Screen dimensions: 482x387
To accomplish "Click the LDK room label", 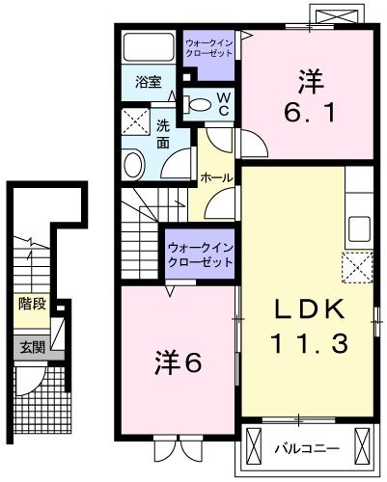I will [x=305, y=309].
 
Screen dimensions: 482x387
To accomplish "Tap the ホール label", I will [x=214, y=178].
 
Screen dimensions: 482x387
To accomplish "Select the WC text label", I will [x=223, y=104].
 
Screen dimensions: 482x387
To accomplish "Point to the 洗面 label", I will [x=163, y=134].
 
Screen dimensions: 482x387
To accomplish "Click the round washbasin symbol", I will [x=135, y=162].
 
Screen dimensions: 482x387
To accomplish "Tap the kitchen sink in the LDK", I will [x=359, y=231].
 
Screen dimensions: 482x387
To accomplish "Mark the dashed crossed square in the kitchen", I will [x=357, y=266].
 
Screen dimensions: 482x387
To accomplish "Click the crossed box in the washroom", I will [x=134, y=122].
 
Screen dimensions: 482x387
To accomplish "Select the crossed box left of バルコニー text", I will [x=255, y=446].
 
